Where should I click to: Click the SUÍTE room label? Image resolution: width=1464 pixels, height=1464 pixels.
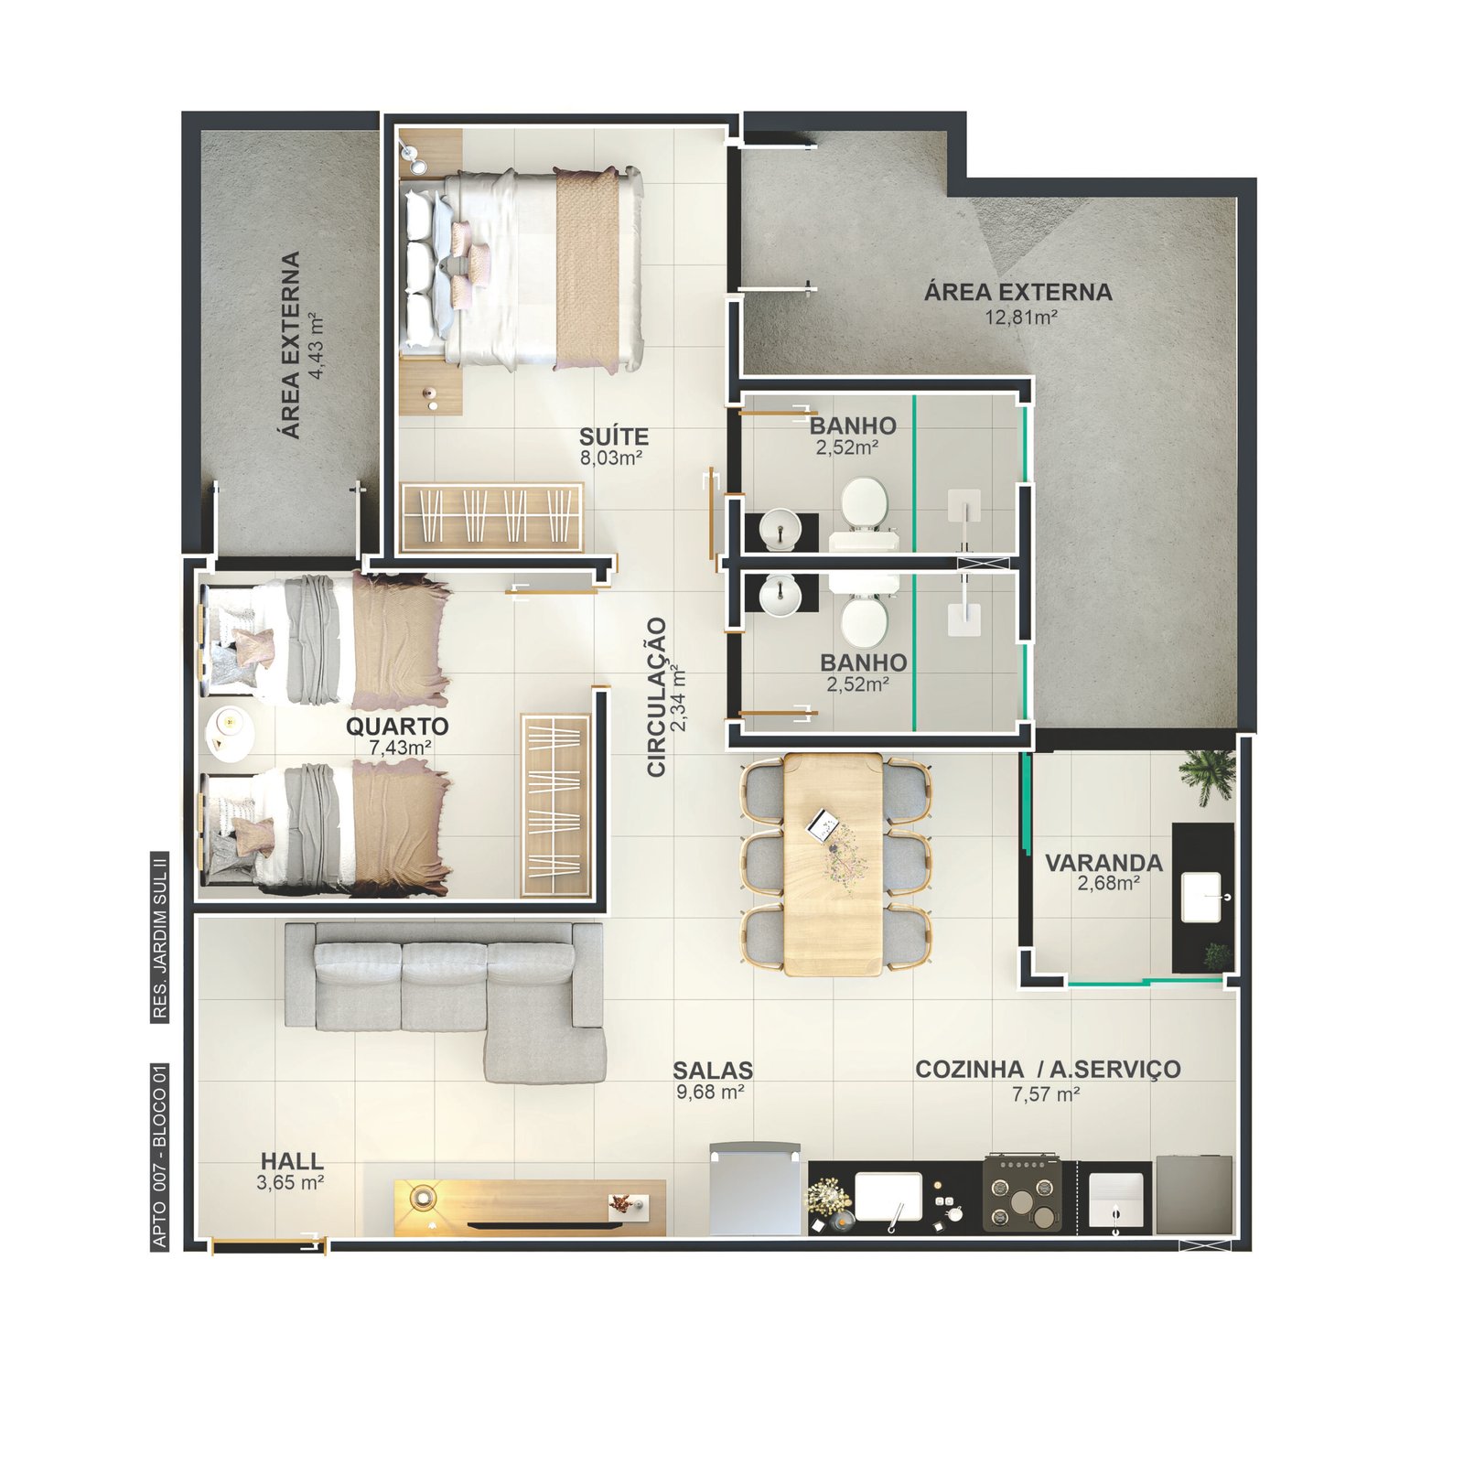click(x=614, y=436)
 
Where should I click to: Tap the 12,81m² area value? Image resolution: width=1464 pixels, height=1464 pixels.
click(x=1021, y=318)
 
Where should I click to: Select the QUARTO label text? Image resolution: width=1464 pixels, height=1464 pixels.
click(x=397, y=727)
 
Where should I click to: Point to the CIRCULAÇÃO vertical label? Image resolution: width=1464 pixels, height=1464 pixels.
click(x=656, y=697)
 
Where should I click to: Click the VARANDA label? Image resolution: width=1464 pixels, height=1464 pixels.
click(x=1103, y=863)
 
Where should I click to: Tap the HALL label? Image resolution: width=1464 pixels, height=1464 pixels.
click(x=292, y=1161)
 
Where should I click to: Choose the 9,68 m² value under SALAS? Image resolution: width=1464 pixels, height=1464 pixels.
click(x=710, y=1092)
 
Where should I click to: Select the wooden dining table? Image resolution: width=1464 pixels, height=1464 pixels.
click(x=833, y=864)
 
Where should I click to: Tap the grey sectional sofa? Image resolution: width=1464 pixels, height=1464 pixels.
click(x=446, y=1000)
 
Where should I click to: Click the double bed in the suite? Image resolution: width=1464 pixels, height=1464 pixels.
click(x=521, y=269)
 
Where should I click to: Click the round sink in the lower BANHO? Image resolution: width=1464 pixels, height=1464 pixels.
click(x=780, y=595)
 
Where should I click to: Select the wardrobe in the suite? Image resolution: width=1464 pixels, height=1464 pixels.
click(x=492, y=517)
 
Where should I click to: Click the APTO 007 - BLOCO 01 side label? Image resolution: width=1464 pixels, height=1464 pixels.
click(x=160, y=1155)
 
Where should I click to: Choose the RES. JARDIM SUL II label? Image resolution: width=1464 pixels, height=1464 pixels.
click(x=160, y=937)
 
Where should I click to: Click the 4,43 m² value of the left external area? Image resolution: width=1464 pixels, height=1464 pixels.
click(x=317, y=346)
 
